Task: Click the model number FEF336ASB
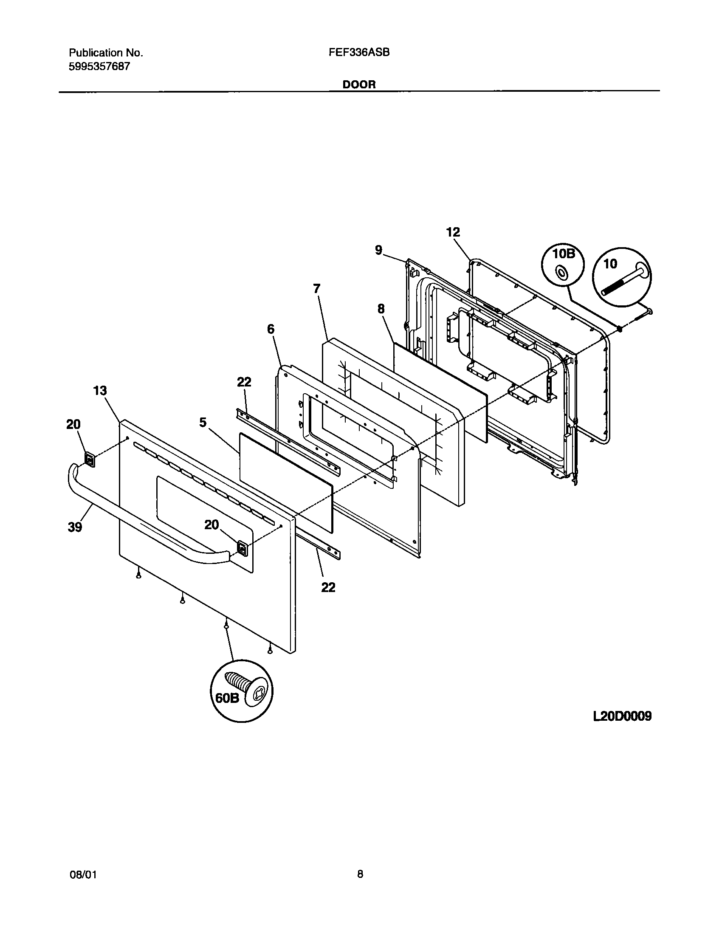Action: point(359,53)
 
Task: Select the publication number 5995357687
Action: point(99,66)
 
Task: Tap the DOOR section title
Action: point(359,85)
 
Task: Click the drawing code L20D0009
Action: point(622,716)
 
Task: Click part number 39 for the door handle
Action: point(75,527)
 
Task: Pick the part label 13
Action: point(100,391)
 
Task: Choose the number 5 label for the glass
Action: point(203,422)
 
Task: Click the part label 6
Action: point(271,329)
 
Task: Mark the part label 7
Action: point(316,289)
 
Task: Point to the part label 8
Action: point(381,309)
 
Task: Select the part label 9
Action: point(378,250)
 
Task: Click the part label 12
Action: point(453,232)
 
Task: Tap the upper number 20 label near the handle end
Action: point(73,424)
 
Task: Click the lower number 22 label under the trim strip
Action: point(328,587)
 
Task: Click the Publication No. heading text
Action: point(106,53)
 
